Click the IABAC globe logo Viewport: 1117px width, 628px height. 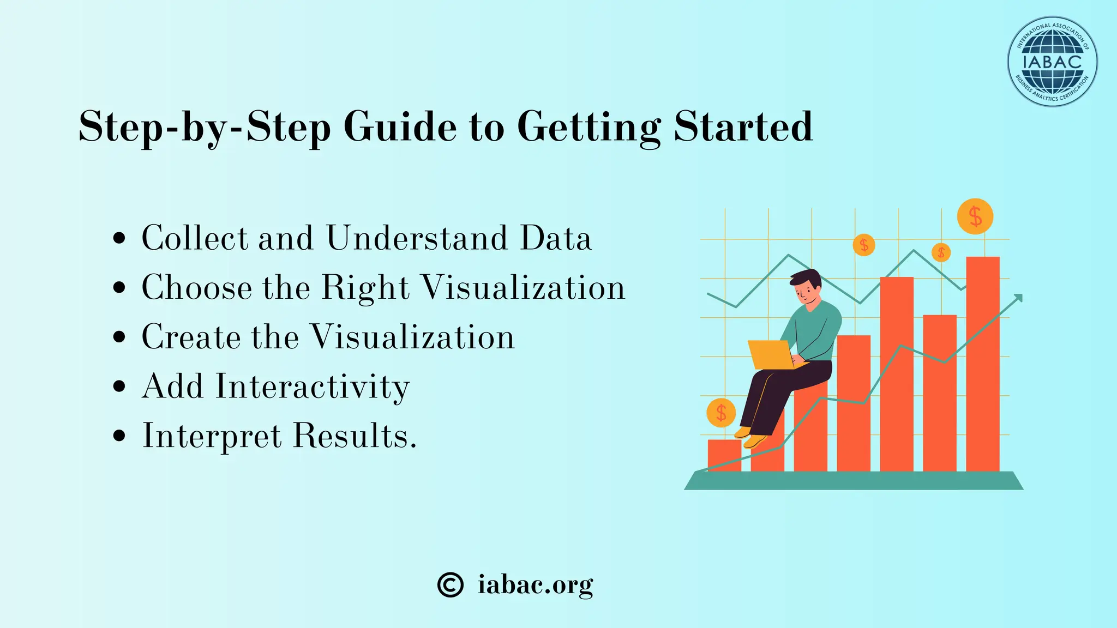pyautogui.click(x=1052, y=61)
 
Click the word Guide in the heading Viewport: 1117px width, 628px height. pyautogui.click(x=400, y=126)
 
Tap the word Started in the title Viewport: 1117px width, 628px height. pyautogui.click(x=743, y=126)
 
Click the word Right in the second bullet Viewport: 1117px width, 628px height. pyautogui.click(x=365, y=287)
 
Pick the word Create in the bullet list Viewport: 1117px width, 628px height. pyautogui.click(x=191, y=337)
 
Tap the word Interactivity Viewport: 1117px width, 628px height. pyautogui.click(x=313, y=387)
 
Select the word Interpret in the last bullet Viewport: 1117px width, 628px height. pyautogui.click(x=212, y=436)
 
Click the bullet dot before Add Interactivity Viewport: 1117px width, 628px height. pyautogui.click(x=119, y=387)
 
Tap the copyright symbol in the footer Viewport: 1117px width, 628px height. pyautogui.click(x=451, y=585)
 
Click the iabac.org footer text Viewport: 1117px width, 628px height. pyautogui.click(x=535, y=585)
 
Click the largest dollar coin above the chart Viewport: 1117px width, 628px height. pyautogui.click(x=975, y=216)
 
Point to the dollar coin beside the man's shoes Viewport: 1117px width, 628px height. pyautogui.click(x=721, y=413)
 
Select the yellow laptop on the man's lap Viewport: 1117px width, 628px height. pyautogui.click(x=772, y=354)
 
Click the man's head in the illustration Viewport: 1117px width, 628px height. pyautogui.click(x=806, y=286)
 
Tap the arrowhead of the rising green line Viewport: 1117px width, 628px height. pyautogui.click(x=1018, y=298)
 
